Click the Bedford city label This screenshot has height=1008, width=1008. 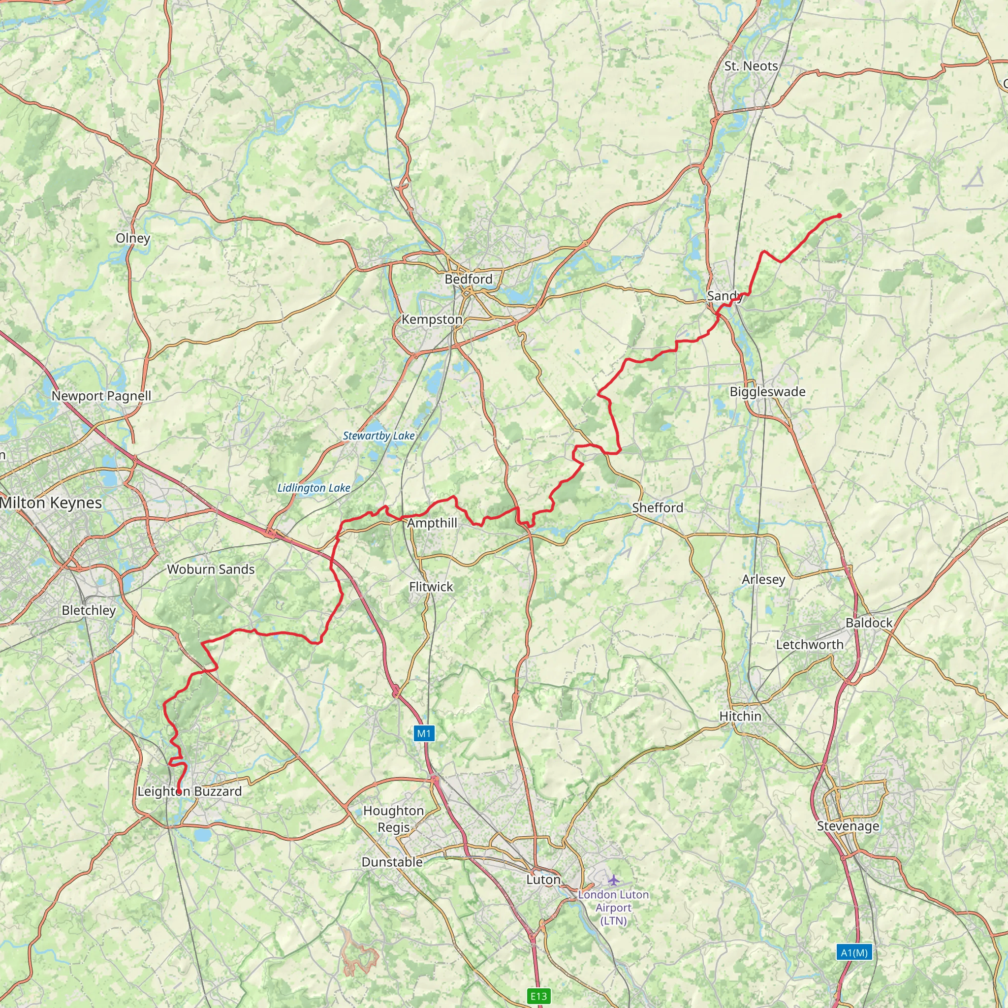[468, 279]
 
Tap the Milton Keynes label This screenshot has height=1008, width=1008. [51, 503]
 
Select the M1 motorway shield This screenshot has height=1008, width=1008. [424, 733]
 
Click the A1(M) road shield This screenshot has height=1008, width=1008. [854, 953]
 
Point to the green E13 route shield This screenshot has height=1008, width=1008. [538, 996]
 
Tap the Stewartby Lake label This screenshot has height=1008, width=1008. [378, 436]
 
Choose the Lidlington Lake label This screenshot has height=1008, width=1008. [314, 488]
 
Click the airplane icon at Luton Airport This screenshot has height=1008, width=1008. [613, 880]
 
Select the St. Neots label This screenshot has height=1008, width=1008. [751, 66]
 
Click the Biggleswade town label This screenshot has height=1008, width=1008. [767, 391]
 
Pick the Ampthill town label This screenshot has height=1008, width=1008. [432, 523]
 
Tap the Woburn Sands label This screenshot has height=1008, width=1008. [211, 569]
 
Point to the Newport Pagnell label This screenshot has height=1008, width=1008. [101, 396]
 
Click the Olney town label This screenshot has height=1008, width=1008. [133, 238]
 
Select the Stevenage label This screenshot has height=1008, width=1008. [848, 826]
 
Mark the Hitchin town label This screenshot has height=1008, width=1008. [740, 716]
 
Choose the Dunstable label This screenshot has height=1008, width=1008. [392, 862]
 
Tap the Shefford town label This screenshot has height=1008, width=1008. [658, 507]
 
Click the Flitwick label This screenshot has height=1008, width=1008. [431, 587]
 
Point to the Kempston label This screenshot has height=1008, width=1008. [432, 319]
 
